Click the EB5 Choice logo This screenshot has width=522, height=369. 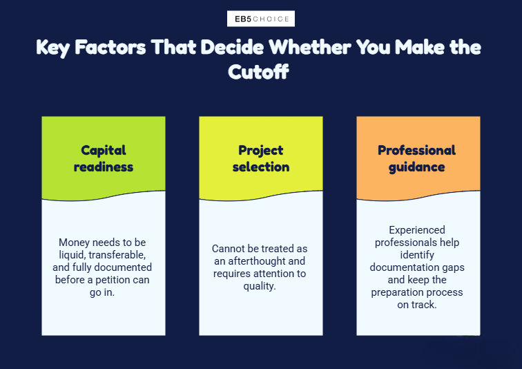pos(261,19)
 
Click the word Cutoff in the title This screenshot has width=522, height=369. pos(258,72)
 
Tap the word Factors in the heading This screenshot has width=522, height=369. pos(110,47)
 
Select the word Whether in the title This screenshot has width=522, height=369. pos(309,47)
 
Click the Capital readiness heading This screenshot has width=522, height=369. pos(104,158)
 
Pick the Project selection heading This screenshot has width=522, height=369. pos(261,158)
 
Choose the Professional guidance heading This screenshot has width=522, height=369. pos(417,158)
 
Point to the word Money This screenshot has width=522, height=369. pos(75,242)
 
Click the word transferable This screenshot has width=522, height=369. pos(117,255)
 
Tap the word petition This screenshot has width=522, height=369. pos(111,280)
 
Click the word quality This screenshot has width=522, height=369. pos(260,286)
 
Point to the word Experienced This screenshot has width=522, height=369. pos(417,230)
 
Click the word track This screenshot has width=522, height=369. pos(424,305)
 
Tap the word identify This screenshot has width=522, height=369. pos(417,255)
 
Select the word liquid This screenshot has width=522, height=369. pos(72,255)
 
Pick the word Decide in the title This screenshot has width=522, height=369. pos(232,47)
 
